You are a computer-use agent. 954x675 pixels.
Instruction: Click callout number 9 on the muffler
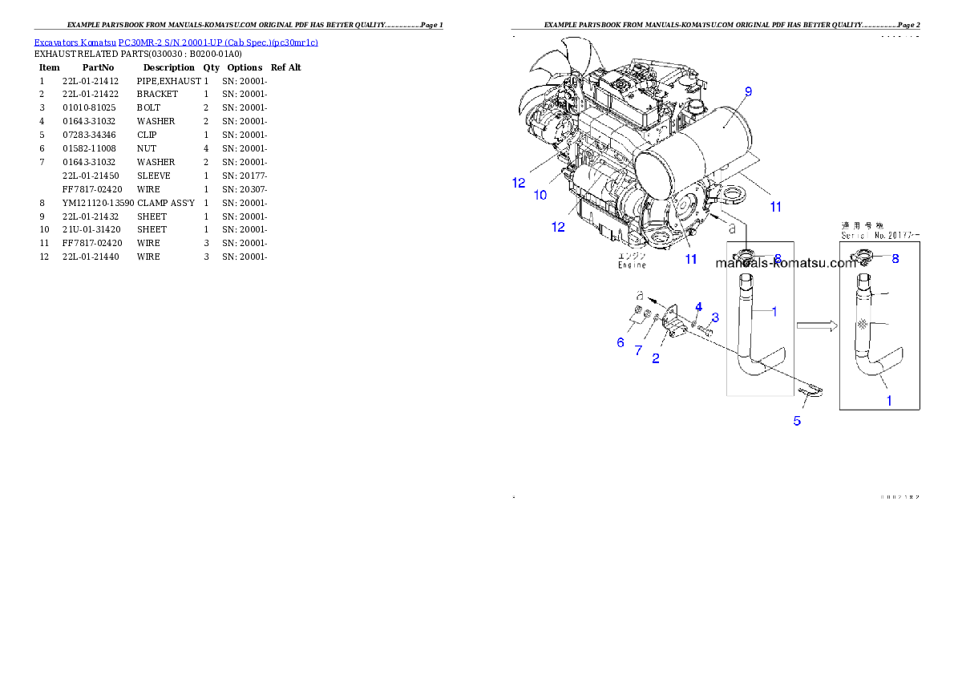[748, 92]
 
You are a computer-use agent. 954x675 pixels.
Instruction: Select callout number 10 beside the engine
[540, 195]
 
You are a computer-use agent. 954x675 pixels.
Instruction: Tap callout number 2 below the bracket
[656, 358]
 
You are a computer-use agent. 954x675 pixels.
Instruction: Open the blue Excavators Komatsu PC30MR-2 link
[176, 42]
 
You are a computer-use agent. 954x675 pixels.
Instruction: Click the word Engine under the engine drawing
[631, 265]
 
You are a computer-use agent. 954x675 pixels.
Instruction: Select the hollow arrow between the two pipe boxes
[816, 325]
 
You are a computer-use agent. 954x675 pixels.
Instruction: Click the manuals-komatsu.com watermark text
[786, 262]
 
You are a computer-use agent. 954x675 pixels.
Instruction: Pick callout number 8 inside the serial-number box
[895, 259]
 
